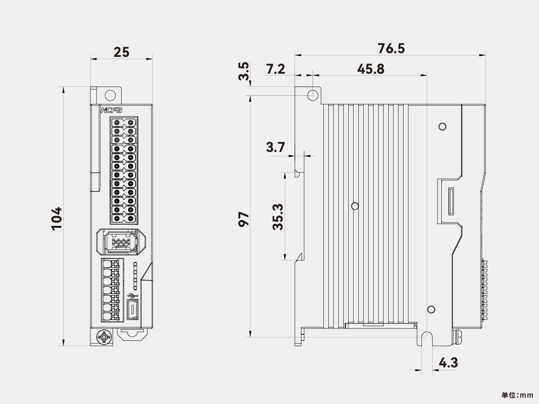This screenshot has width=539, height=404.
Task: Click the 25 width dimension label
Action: pos(121,52)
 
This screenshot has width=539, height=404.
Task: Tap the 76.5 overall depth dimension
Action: pos(391,49)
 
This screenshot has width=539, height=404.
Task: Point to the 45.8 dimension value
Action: pos(371,69)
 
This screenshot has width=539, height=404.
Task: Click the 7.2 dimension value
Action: pos(275,69)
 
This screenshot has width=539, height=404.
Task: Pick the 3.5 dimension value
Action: pos(243,71)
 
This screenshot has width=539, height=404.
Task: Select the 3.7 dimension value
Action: pos(275,147)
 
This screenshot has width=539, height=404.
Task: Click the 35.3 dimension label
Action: pos(278,217)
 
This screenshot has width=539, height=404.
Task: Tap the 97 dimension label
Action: pos(244,219)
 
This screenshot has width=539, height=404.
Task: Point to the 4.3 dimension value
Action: pos(448,363)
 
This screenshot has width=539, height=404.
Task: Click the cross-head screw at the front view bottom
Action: pos(104,337)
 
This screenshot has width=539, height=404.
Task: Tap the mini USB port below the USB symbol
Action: pos(132,309)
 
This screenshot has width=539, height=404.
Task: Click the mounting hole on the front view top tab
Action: pos(110,95)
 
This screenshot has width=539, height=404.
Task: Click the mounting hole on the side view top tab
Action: pos(313,95)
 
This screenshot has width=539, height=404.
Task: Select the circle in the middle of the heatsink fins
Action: pos(355,206)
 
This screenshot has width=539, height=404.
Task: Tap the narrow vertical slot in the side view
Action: pos(451,201)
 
